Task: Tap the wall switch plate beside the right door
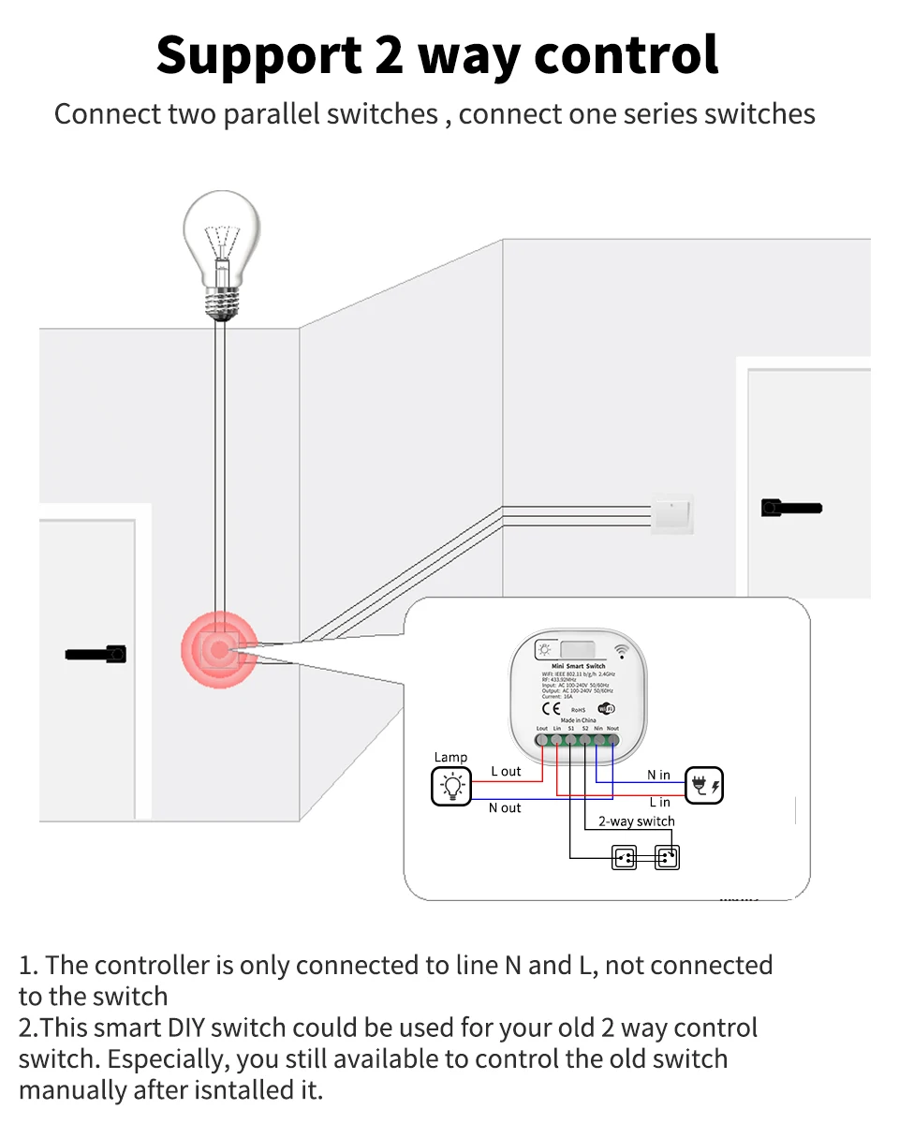coord(671,512)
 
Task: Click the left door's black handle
coord(96,653)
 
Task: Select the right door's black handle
coord(791,508)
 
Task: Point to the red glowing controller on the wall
coord(219,648)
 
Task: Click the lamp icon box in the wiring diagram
coord(451,785)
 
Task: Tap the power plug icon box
coord(704,785)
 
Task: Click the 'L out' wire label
coord(506,771)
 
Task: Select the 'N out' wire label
coord(505,807)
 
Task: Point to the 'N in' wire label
coord(658,775)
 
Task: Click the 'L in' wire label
coord(659,802)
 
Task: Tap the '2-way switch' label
coord(636,821)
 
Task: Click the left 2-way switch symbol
coord(624,856)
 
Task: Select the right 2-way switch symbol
coord(667,856)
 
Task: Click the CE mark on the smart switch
coord(552,708)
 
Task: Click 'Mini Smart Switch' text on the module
coord(579,666)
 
